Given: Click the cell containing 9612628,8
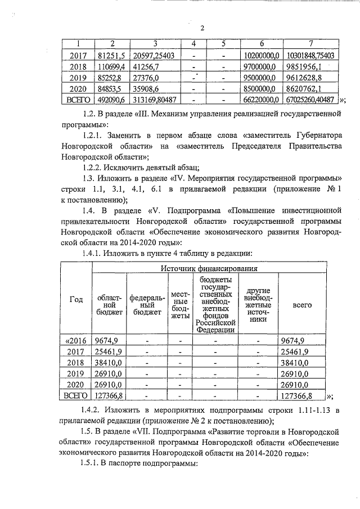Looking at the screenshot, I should [310, 78].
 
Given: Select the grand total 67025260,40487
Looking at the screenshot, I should [310, 100].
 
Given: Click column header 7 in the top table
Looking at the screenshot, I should [310, 44].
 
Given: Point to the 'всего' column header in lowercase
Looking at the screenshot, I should [303, 304].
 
